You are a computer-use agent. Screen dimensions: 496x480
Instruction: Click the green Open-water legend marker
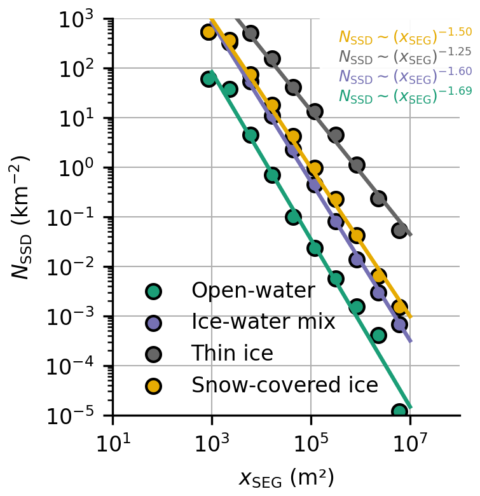click(153, 291)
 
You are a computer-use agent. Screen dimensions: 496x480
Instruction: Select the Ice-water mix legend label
click(263, 322)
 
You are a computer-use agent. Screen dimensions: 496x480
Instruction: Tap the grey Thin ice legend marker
click(153, 354)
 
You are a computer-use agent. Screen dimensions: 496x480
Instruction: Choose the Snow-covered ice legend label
click(285, 385)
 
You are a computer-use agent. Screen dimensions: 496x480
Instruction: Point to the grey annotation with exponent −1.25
click(405, 56)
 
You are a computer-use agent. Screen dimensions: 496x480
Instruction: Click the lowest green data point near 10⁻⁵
click(399, 411)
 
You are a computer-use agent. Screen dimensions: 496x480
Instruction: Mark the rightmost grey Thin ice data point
click(399, 230)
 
